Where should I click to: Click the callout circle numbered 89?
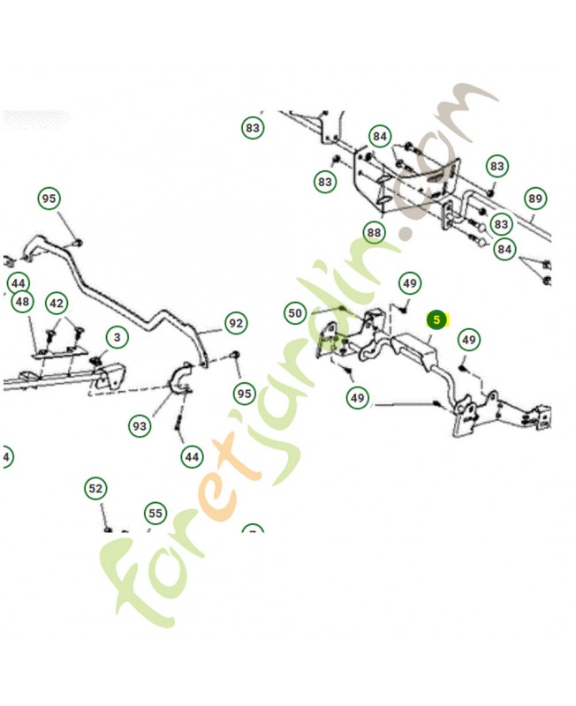point(534,199)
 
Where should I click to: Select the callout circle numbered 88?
point(375,233)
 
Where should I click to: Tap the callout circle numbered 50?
point(295,313)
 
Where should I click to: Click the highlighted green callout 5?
point(437,319)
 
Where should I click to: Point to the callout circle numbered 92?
point(235,324)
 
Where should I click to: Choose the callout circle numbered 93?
point(140,426)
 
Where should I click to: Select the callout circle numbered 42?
point(57,303)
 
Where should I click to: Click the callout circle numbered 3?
point(116,336)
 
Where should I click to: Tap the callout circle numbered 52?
point(95,488)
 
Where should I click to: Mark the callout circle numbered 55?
point(155,513)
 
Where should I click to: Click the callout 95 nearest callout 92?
point(243,392)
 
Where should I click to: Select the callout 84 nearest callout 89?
point(504,250)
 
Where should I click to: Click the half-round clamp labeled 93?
point(181,380)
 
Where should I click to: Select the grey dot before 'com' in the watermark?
point(405,235)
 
